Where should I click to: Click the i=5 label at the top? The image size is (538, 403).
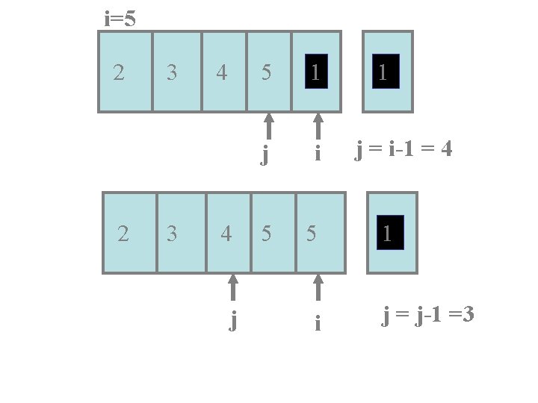120,19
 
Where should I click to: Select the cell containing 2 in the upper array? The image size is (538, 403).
125,72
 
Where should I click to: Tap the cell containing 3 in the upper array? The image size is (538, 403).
176,72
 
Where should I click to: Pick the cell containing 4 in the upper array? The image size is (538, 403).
223,72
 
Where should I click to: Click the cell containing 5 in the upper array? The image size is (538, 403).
268,72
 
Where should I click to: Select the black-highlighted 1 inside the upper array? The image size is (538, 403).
316,71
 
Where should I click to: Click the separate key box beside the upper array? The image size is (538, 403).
387,72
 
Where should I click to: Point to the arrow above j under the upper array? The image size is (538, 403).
269,125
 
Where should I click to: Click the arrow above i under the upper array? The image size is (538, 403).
318,125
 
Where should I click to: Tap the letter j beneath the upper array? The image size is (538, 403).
265,154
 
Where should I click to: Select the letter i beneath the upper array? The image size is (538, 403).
318,154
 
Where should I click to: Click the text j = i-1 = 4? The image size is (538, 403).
404,151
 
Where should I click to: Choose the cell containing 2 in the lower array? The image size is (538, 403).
129,233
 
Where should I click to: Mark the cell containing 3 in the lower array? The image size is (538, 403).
180,233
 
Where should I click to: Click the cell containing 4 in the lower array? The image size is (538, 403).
228,233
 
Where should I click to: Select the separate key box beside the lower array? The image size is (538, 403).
392,233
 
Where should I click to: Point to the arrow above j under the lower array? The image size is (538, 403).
233,287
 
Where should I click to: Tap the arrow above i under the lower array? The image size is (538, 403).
318,287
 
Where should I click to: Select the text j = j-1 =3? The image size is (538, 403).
428,316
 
